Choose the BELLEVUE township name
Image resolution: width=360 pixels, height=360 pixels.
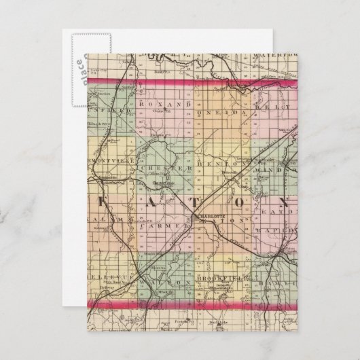point(103,278)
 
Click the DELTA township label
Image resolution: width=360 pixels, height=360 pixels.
point(272,107)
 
